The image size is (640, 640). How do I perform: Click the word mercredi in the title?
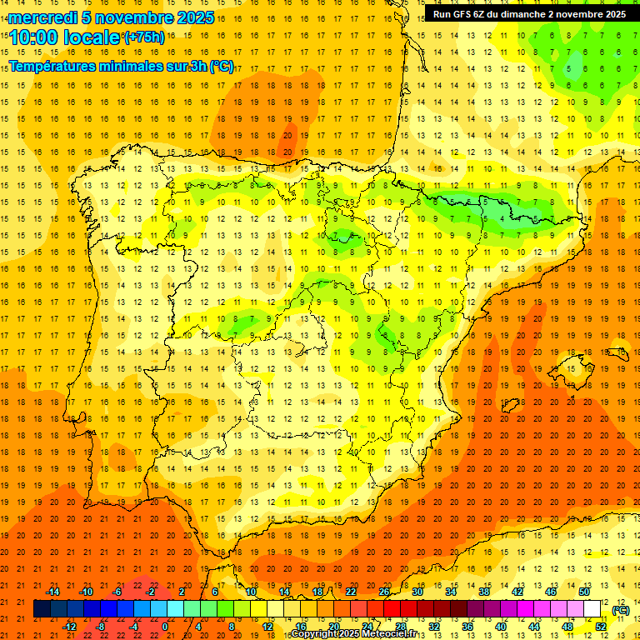42,17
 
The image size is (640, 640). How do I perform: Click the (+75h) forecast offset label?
144,37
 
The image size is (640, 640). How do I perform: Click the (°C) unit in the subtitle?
222,66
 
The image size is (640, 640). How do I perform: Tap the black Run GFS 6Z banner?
530,14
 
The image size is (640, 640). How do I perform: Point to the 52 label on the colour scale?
601,627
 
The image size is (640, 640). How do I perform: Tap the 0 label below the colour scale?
165,627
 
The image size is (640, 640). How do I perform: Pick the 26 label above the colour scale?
384,592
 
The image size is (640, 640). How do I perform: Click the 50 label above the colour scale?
583,592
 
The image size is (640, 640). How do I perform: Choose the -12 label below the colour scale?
70,627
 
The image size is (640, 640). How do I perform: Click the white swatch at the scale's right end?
592,609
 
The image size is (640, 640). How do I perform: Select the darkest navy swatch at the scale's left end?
42,609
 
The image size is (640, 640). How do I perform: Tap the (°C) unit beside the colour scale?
620,610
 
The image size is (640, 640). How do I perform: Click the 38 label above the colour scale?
483,592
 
